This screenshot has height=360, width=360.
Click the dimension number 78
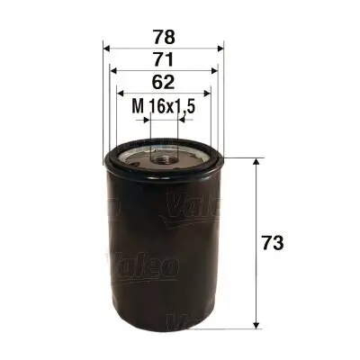[163, 38]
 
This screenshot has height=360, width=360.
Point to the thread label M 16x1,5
[164, 107]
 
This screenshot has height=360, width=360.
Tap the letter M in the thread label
[138, 107]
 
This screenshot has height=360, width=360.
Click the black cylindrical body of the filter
[164, 261]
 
